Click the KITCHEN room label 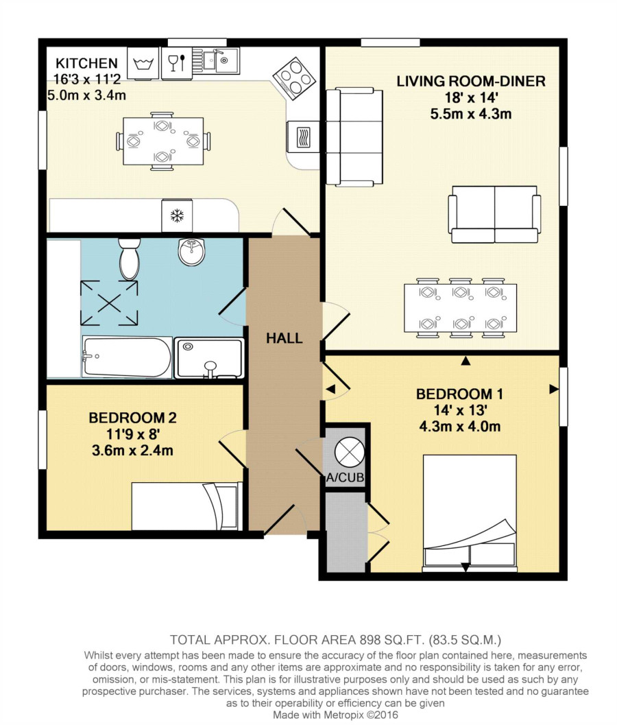87,63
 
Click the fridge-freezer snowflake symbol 177,215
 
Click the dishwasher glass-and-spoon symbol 177,62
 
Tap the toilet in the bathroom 130,259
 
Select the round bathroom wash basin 191,252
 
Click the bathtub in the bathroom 127,357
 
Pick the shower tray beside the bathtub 209,358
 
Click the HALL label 285,338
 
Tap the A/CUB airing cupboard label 346,477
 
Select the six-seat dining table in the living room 460,308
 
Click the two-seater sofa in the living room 494,214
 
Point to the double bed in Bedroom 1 470,512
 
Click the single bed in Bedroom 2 186,506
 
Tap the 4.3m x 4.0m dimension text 460,427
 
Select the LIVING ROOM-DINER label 471,82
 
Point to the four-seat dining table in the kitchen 163,141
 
